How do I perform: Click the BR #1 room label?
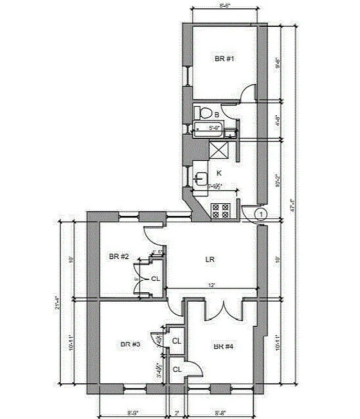click(224, 59)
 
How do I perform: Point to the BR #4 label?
click(223, 347)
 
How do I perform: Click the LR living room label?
click(211, 259)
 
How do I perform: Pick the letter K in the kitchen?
click(219, 172)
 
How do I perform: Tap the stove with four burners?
click(221, 211)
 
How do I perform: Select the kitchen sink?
click(200, 179)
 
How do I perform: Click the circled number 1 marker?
click(261, 214)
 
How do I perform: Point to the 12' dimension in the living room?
click(211, 285)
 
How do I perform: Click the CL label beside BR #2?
click(155, 279)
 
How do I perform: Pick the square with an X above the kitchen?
click(219, 150)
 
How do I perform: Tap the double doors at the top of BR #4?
click(224, 310)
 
